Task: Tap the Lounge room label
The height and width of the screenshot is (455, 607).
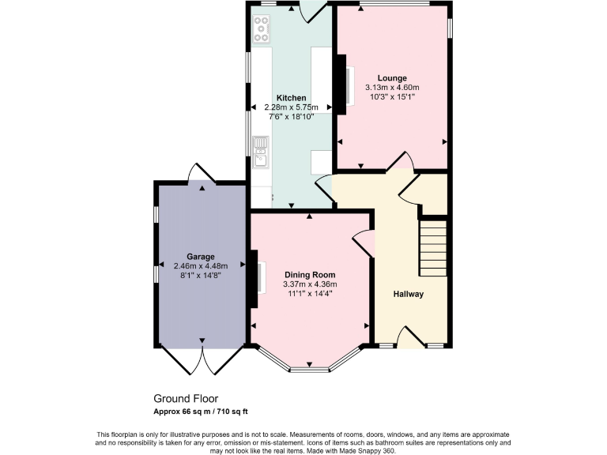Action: (392, 77)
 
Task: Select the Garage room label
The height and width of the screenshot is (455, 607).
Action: (201, 256)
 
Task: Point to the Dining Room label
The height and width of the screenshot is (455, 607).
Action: (310, 274)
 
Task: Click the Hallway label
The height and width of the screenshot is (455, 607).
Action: (409, 294)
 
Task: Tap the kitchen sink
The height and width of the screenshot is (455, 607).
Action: (261, 151)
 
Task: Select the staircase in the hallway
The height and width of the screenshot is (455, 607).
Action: (432, 246)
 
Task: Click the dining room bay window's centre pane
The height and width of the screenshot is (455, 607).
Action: (311, 369)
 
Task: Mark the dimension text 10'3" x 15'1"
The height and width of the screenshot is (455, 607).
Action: (392, 97)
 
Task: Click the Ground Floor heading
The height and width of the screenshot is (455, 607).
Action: (186, 399)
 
